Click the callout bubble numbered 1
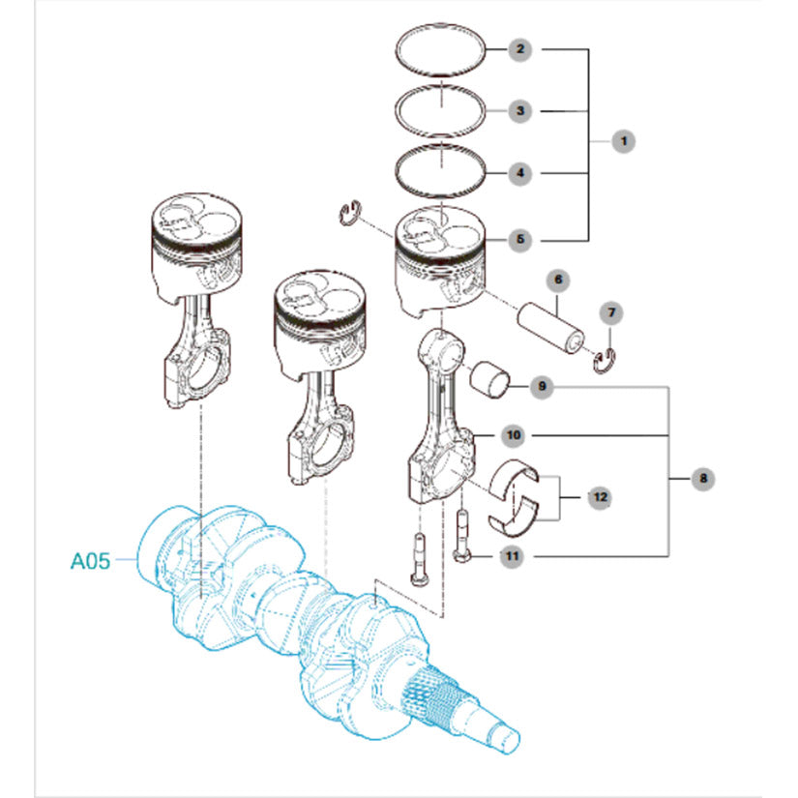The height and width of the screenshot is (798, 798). [x=624, y=141]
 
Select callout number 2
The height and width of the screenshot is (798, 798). [x=519, y=49]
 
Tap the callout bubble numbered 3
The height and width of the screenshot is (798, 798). [x=519, y=111]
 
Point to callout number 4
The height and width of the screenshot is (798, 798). [x=519, y=173]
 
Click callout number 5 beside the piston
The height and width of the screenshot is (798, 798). [x=519, y=239]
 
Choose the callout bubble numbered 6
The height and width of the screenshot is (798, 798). [x=558, y=280]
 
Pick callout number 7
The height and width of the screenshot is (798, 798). [x=611, y=313]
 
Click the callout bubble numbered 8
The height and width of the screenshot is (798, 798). [x=703, y=479]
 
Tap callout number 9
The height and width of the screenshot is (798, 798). [x=542, y=387]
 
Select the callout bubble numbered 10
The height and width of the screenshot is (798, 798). [x=514, y=435]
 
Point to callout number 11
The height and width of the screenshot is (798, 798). [x=512, y=556]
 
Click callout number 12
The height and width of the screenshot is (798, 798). [x=600, y=497]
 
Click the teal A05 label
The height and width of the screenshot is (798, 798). [x=90, y=561]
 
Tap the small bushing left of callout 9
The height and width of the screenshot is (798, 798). [x=489, y=379]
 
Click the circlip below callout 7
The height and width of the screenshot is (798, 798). [x=606, y=361]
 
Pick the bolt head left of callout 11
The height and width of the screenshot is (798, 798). [x=461, y=556]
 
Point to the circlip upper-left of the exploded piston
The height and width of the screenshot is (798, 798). [x=349, y=213]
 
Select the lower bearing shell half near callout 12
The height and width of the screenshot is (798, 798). [x=513, y=518]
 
